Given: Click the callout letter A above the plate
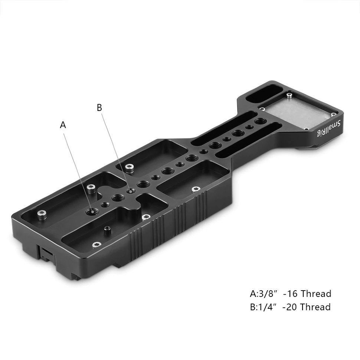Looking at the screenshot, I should [63, 125].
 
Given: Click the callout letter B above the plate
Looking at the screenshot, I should [99, 108].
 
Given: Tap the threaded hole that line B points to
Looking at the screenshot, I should [130, 191].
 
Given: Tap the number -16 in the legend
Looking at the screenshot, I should [290, 294].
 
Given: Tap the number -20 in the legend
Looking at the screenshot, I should [290, 307].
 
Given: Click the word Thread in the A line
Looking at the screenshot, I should [316, 294].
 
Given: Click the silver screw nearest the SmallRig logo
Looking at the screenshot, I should [307, 128].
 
